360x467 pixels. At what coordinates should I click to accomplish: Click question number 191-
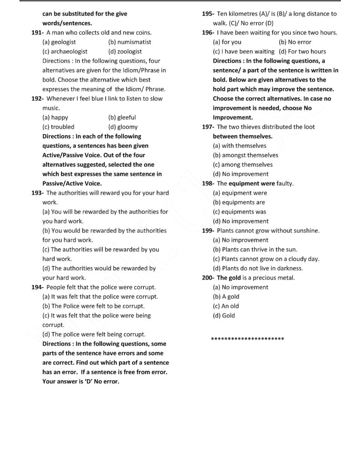click(38, 33)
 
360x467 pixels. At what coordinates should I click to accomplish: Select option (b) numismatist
click(129, 42)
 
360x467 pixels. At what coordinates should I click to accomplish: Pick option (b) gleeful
click(122, 118)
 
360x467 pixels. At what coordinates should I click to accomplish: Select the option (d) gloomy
click(123, 127)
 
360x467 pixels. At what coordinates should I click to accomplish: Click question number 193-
click(38, 193)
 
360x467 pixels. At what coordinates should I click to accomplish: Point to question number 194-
click(38, 287)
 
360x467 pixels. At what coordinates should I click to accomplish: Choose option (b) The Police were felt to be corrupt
click(93, 306)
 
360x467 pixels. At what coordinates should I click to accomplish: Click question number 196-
click(208, 33)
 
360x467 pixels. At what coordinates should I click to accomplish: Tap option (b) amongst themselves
click(245, 156)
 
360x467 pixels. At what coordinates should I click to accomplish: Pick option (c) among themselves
click(242, 165)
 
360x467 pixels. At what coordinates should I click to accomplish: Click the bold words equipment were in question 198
click(252, 184)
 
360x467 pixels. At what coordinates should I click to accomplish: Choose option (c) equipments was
click(239, 212)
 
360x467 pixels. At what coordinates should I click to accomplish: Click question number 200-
click(208, 278)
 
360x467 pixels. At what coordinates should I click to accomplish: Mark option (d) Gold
click(224, 316)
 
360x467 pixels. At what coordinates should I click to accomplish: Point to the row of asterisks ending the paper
click(248, 339)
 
